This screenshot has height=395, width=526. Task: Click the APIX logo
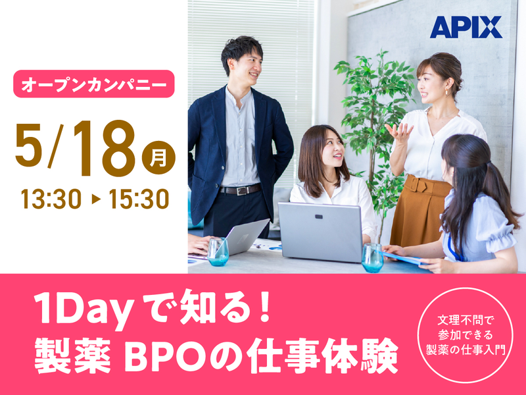[x=466, y=27]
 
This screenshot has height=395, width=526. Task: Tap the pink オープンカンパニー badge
[x=94, y=84]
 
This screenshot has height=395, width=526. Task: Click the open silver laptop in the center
[x=320, y=231]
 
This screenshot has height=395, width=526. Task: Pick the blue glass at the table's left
[x=218, y=251]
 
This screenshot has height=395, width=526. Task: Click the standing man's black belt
[x=239, y=190]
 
